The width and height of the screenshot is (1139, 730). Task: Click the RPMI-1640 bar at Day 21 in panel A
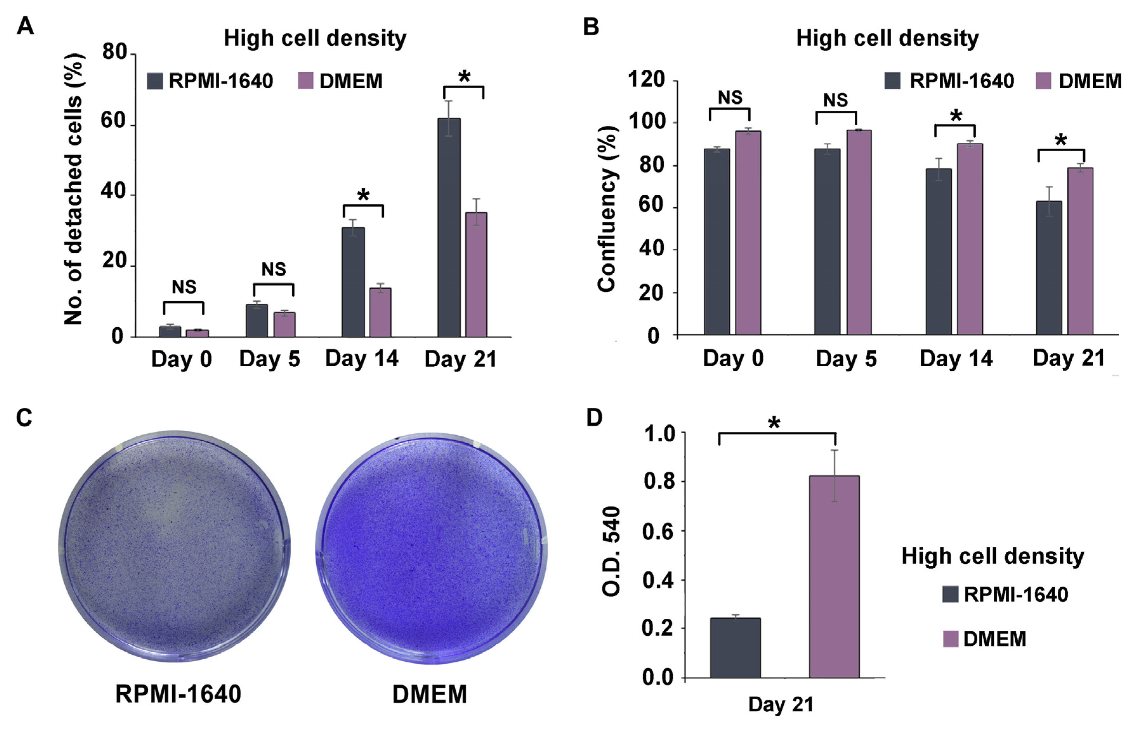[449, 228]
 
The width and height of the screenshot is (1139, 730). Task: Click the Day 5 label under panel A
[269, 359]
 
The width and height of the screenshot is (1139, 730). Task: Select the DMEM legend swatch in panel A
[306, 81]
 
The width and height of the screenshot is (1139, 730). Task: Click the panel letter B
[591, 27]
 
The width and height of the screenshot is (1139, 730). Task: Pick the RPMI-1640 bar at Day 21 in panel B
[1049, 268]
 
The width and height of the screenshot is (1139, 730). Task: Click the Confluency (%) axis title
[607, 209]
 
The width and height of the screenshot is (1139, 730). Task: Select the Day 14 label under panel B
[956, 359]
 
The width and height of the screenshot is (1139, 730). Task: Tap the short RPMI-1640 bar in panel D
[735, 648]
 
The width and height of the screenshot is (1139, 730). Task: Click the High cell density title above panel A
[315, 38]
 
